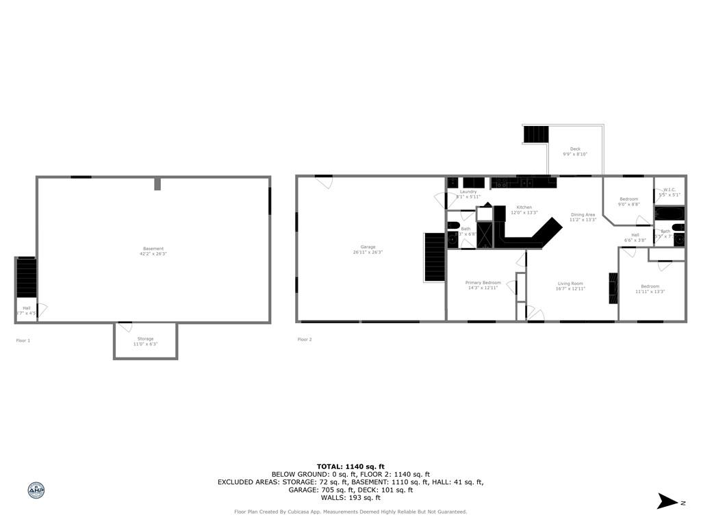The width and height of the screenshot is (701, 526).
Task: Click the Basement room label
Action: coord(153,249)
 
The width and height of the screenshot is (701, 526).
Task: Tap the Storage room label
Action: coord(145,339)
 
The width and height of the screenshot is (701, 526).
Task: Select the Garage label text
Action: coord(368,247)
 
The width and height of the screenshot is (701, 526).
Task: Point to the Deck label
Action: coord(575,149)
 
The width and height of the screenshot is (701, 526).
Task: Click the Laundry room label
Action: coord(468,192)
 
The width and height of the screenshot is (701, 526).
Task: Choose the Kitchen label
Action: coord(524,208)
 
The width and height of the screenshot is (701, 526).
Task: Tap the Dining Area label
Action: coord(583,214)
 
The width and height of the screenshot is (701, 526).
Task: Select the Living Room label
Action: coord(570,284)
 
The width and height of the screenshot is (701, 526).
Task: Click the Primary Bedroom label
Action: coord(483,283)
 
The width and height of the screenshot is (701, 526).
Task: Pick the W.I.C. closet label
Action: coord(670,190)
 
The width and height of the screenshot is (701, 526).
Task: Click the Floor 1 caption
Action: coord(23,340)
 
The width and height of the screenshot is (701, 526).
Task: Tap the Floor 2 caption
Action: coord(305,340)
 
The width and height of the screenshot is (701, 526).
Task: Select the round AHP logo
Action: coord(36,490)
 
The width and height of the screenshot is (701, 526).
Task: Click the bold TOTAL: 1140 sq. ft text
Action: coord(350,466)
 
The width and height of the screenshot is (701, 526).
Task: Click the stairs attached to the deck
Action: coord(536,134)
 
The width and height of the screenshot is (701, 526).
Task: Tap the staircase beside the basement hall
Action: coord(26,277)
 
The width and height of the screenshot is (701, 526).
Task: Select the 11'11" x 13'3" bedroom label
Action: coord(650,286)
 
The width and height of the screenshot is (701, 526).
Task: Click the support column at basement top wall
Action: coord(157,184)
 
